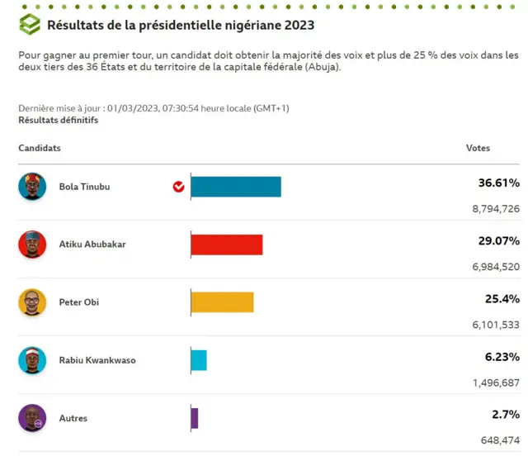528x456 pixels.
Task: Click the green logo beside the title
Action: pyautogui.click(x=30, y=25)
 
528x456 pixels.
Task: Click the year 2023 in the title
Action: pyautogui.click(x=299, y=26)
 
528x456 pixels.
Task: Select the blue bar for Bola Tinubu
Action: pyautogui.click(x=236, y=187)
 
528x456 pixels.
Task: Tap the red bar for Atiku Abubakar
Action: pyautogui.click(x=227, y=245)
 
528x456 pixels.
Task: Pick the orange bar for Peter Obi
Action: pyautogui.click(x=222, y=302)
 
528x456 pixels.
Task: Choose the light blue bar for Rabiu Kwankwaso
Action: pyautogui.click(x=199, y=360)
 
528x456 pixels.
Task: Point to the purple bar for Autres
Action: pyautogui.click(x=195, y=418)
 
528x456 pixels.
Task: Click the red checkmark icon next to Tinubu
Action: pyautogui.click(x=178, y=187)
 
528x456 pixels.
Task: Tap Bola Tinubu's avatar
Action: pyautogui.click(x=32, y=187)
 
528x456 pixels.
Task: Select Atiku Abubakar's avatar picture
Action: pyautogui.click(x=32, y=245)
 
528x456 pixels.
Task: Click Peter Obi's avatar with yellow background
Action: pyautogui.click(x=32, y=302)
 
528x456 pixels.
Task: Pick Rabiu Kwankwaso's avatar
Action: pyautogui.click(x=32, y=360)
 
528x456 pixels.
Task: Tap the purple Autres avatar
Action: pyautogui.click(x=32, y=418)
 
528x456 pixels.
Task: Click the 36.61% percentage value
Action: pyautogui.click(x=498, y=183)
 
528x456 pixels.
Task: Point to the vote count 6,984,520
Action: pyautogui.click(x=495, y=267)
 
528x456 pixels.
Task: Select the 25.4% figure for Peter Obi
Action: pyautogui.click(x=502, y=299)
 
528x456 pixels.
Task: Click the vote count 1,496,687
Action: pyautogui.click(x=495, y=382)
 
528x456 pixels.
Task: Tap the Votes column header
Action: pyautogui.click(x=478, y=149)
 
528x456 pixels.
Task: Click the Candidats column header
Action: pyautogui.click(x=40, y=149)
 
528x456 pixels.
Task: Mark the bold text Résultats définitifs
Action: pyautogui.click(x=58, y=121)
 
